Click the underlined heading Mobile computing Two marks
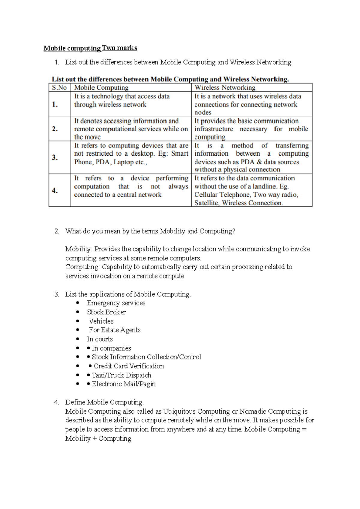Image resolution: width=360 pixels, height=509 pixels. point(90,48)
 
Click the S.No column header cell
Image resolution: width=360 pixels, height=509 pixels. point(59,88)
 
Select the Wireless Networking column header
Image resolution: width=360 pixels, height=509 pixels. point(225,88)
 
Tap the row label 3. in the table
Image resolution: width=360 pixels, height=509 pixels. point(55,157)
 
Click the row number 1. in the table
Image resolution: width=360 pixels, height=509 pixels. point(55,104)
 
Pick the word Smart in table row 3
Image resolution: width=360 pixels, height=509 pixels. point(179,153)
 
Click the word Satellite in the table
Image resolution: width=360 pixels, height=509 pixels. point(206,203)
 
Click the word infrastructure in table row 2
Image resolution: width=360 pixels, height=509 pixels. point(214,129)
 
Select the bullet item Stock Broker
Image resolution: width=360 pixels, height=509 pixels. point(106,312)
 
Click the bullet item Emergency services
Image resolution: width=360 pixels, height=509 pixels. point(116,303)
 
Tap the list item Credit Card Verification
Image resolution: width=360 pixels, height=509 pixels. point(129,366)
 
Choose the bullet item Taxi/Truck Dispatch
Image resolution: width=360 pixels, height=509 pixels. point(121,375)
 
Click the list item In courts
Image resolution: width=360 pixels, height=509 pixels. point(100,339)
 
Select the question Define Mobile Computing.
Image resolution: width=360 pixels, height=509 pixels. point(104,402)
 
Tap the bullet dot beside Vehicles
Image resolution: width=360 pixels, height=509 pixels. point(78,321)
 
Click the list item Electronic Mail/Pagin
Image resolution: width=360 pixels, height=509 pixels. point(124,384)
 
